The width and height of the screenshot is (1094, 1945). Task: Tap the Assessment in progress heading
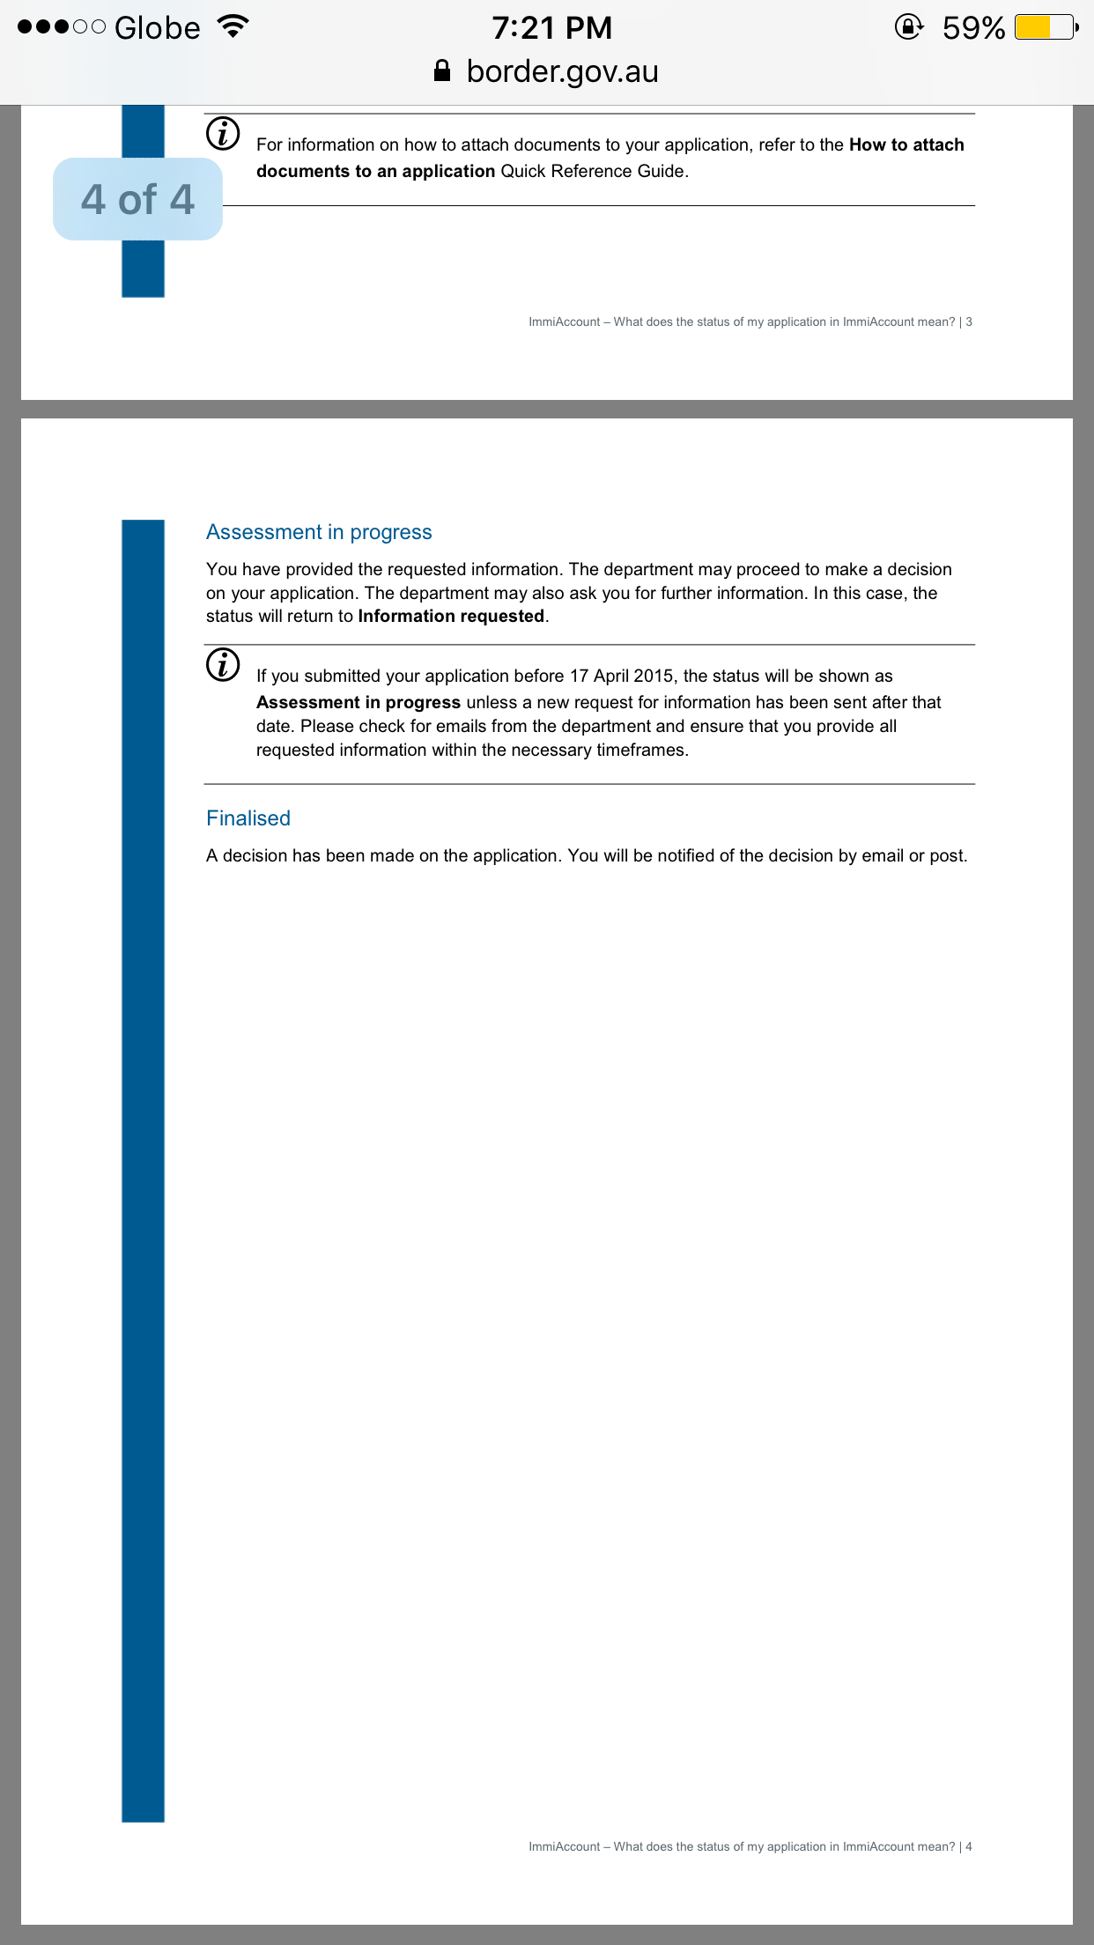319,532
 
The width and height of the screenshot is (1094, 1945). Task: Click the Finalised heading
248,818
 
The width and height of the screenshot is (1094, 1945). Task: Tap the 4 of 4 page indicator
137,199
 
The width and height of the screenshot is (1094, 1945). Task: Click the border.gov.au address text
562,71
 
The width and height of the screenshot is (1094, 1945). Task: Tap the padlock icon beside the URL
442,70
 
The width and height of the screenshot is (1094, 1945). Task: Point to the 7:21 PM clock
551,28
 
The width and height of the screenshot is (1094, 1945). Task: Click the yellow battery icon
1045,27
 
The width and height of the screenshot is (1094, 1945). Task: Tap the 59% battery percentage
973,28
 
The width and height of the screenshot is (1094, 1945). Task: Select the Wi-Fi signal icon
233,26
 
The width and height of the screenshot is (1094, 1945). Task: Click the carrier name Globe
157,28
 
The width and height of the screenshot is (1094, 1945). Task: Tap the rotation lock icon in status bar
908,27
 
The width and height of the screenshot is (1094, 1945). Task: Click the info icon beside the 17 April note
223,665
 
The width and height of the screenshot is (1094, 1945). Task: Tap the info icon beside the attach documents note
223,134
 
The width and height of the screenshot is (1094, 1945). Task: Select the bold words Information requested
451,617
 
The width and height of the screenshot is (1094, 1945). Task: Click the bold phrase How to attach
906,144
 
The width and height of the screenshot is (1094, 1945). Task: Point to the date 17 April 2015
622,676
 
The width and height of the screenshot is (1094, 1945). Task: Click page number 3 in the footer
969,322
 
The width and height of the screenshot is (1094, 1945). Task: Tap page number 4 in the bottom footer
969,1846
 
